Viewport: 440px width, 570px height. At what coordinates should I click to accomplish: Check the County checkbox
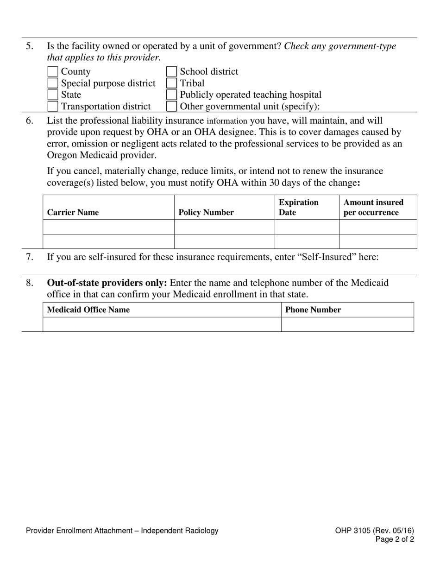(x=53, y=72)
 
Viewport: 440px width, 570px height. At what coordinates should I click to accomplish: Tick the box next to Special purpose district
(x=53, y=83)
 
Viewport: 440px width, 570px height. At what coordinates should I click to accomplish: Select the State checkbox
(x=53, y=95)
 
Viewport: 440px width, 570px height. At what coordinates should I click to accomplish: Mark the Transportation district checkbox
(x=53, y=107)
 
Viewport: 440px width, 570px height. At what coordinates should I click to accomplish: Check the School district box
(x=171, y=72)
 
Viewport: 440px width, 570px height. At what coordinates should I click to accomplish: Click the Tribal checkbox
(x=171, y=83)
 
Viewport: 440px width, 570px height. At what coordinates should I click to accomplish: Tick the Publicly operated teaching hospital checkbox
(x=171, y=95)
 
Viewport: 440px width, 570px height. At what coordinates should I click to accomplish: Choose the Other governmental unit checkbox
(x=171, y=107)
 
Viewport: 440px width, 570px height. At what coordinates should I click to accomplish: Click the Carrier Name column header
(x=73, y=213)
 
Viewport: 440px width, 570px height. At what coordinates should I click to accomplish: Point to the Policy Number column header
(x=206, y=213)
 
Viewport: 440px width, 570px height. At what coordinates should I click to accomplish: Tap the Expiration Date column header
(x=298, y=208)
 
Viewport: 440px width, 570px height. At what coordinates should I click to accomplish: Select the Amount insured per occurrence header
(x=373, y=208)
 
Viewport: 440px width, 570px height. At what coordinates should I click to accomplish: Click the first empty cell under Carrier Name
(x=108, y=227)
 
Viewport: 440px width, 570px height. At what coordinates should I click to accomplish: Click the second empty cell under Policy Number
(x=224, y=241)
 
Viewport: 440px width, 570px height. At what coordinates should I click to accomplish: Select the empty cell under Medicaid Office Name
(x=162, y=324)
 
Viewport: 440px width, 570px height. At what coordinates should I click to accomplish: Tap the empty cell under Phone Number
(x=347, y=324)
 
